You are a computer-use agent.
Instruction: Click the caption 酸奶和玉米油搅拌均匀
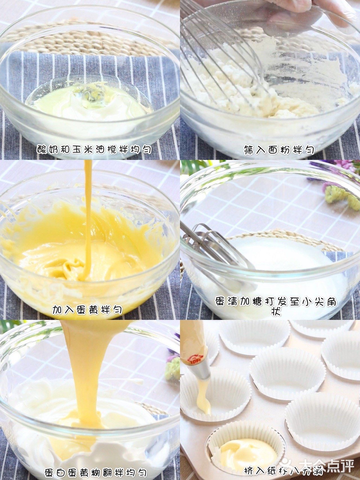pos(94,149)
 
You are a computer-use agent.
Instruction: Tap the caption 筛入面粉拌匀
pos(279,150)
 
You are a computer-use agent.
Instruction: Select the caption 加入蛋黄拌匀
pos(87,310)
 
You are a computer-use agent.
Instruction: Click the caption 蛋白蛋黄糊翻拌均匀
pos(96,472)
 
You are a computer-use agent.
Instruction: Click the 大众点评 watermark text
pos(326,466)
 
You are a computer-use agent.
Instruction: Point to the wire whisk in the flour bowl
pos(225,48)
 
